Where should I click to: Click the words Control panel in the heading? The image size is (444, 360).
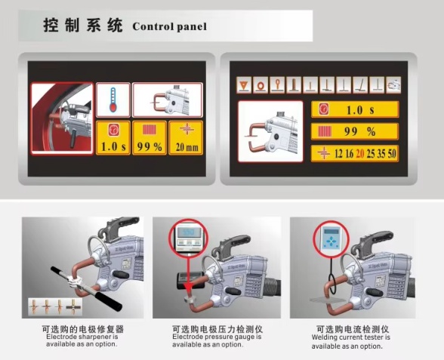(x=169, y=26)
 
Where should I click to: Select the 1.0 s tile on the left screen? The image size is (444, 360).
(x=113, y=138)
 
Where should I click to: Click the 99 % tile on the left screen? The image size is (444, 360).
(x=150, y=138)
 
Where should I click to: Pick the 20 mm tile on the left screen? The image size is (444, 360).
(x=186, y=138)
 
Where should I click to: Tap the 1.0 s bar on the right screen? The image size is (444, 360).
(x=354, y=110)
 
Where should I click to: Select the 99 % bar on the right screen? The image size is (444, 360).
(x=354, y=132)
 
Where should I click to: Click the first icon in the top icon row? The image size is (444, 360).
(x=244, y=84)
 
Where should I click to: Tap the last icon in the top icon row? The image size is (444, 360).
(x=393, y=84)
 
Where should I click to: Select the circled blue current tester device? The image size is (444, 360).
(x=331, y=240)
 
